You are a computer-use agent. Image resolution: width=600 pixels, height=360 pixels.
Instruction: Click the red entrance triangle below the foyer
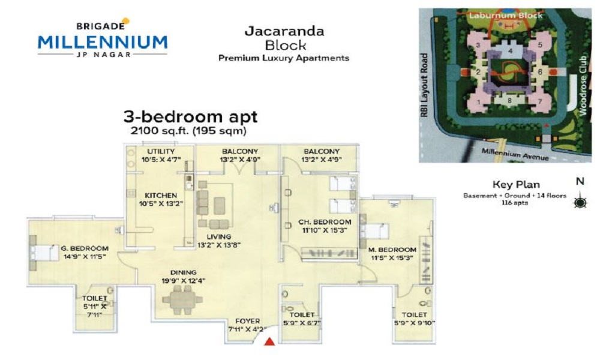click(270, 341)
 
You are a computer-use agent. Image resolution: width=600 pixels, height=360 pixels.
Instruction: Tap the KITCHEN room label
click(161, 196)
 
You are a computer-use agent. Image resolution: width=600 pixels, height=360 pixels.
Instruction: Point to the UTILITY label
click(161, 151)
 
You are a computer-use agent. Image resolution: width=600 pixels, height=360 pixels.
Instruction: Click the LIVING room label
click(219, 237)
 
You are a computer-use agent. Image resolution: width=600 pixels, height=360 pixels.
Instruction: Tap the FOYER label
click(248, 321)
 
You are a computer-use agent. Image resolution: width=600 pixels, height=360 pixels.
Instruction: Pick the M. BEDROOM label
click(392, 250)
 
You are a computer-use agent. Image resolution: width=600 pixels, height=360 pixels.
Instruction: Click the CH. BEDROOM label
click(325, 222)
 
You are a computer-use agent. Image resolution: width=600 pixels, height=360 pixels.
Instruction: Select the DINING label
click(183, 273)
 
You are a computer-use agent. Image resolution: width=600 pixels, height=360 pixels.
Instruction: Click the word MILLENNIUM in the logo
click(103, 41)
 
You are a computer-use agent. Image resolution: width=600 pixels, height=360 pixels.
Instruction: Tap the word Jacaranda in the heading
click(284, 31)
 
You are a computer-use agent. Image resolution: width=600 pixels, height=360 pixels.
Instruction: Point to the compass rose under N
click(580, 201)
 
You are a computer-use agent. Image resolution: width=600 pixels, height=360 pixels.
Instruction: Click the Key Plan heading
click(516, 184)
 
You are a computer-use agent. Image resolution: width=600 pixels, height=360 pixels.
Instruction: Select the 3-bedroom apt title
click(190, 116)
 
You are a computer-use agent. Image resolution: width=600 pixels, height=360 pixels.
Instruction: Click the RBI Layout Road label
click(424, 85)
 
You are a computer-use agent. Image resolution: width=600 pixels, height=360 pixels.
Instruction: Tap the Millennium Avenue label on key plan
click(515, 154)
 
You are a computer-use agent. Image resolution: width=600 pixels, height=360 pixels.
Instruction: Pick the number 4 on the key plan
click(510, 51)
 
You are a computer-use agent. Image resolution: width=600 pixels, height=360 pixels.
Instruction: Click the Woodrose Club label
click(583, 85)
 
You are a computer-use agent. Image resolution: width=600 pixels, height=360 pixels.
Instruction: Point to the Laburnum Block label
click(506, 16)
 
